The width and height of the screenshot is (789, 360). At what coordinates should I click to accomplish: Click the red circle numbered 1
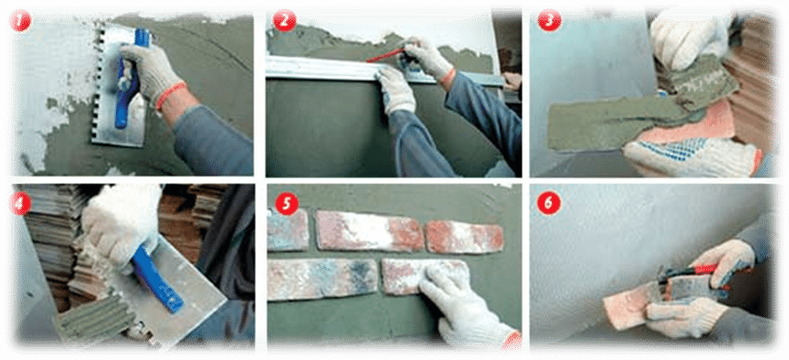tap(20, 22)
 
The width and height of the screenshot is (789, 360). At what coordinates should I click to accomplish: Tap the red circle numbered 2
tap(284, 21)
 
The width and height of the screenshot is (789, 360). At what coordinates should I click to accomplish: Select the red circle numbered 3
tap(549, 21)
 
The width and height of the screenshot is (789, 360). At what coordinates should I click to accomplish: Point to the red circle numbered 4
tap(20, 204)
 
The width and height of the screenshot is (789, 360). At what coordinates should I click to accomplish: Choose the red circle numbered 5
tap(287, 205)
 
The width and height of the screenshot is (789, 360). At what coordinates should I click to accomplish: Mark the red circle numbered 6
tap(549, 204)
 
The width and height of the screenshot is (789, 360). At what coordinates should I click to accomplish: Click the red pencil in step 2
tap(388, 55)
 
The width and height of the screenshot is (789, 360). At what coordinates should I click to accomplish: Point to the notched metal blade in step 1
tap(115, 84)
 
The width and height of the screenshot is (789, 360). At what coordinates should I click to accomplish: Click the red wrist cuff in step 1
tap(171, 96)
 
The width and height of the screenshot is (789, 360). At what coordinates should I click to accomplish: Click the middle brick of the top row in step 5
tap(369, 231)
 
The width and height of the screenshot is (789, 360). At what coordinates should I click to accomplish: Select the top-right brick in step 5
tap(465, 236)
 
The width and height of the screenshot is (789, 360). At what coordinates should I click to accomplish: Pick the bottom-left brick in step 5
tap(322, 278)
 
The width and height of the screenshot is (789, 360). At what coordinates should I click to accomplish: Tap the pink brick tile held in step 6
tap(630, 304)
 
